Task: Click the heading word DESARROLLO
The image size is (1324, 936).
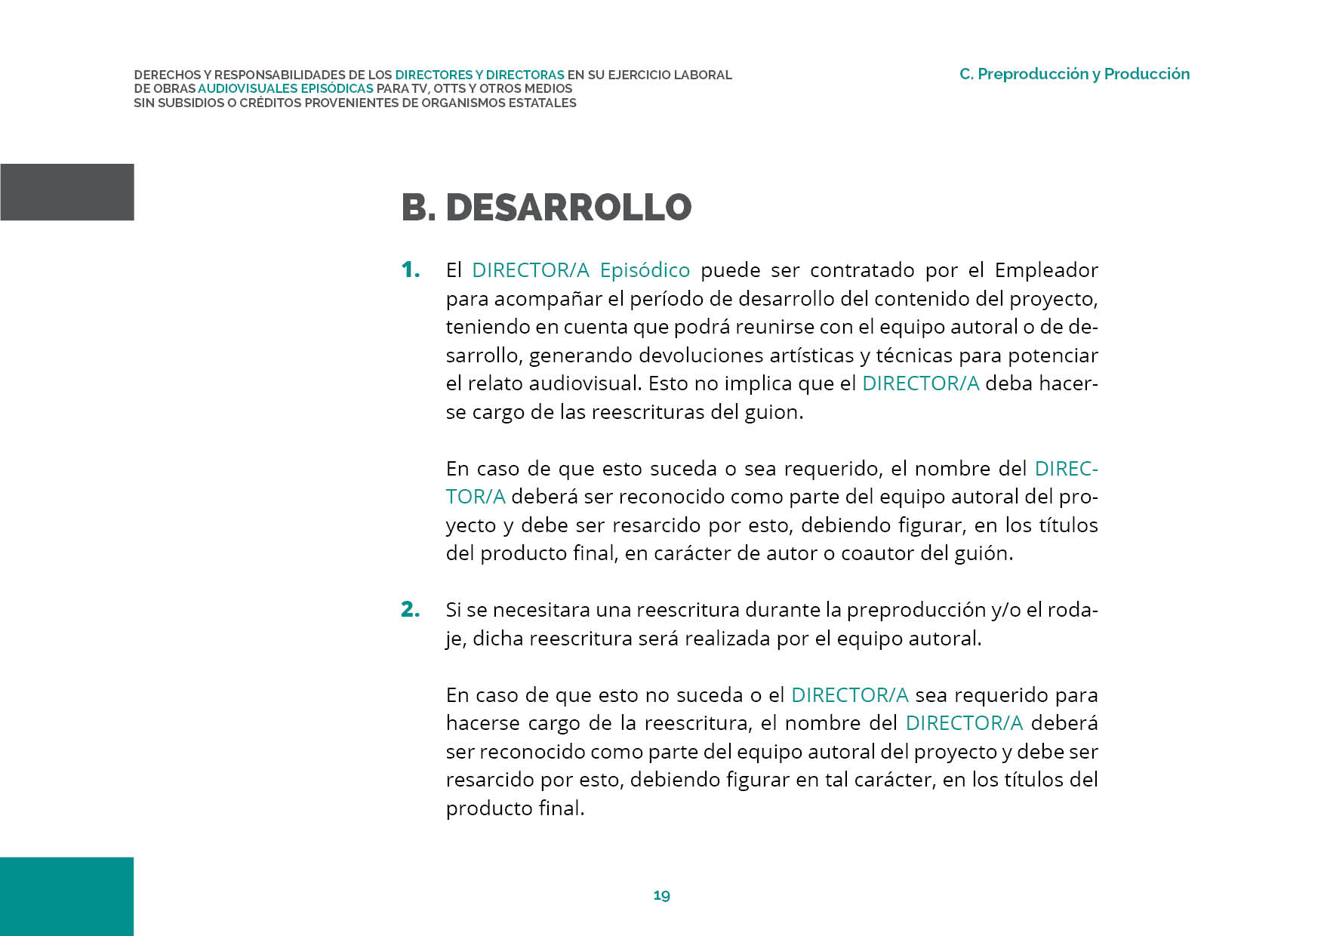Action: [568, 208]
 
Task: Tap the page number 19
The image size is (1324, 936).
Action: [661, 895]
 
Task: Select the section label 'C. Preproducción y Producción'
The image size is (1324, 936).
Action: [1074, 74]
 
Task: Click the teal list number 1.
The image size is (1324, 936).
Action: [411, 269]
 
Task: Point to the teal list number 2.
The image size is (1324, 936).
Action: [411, 609]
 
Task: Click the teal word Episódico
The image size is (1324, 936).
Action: [645, 270]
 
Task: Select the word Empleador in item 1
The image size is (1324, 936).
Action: [1046, 270]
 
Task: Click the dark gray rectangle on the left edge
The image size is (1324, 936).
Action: [67, 192]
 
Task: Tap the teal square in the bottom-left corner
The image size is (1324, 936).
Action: [66, 896]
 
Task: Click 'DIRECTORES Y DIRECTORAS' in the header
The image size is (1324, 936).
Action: [479, 75]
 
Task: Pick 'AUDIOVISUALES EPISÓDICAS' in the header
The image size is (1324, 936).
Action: [285, 88]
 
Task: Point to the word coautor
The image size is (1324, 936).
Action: [878, 553]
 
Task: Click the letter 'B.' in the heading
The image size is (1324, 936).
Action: [418, 208]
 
